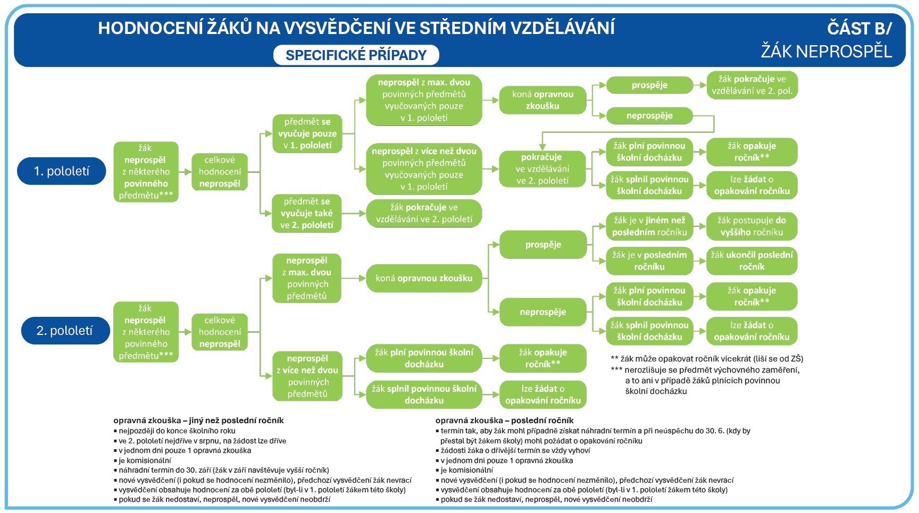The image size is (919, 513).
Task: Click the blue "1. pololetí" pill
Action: pyautogui.click(x=62, y=171)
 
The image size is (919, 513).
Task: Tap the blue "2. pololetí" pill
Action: pyautogui.click(x=65, y=331)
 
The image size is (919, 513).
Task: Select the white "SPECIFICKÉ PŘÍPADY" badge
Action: pyautogui.click(x=356, y=55)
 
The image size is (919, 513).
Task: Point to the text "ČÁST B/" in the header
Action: pyautogui.click(x=859, y=28)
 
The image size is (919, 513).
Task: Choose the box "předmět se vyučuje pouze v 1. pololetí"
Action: pyautogui.click(x=307, y=133)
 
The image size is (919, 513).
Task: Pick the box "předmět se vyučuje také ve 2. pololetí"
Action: pyautogui.click(x=307, y=213)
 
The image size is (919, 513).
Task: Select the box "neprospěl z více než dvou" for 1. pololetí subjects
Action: pyautogui.click(x=424, y=169)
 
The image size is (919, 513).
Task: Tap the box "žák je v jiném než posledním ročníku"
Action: pyautogui.click(x=649, y=226)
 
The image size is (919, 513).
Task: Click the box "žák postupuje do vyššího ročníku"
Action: pyautogui.click(x=751, y=226)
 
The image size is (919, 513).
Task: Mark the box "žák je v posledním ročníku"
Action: pyautogui.click(x=649, y=260)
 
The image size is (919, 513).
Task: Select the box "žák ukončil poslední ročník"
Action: pyautogui.click(x=751, y=260)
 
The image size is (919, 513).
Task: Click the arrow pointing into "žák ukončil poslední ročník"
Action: pyautogui.click(x=700, y=260)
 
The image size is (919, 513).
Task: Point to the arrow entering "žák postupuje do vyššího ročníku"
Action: pyautogui.click(x=700, y=226)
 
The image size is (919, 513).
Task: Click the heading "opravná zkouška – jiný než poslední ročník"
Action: pyautogui.click(x=198, y=421)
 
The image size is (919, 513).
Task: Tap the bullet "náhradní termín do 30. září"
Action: pyautogui.click(x=223, y=470)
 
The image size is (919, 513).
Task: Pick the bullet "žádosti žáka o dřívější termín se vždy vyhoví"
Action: pyautogui.click(x=515, y=450)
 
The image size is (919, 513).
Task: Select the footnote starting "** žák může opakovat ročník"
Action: pyautogui.click(x=707, y=358)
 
